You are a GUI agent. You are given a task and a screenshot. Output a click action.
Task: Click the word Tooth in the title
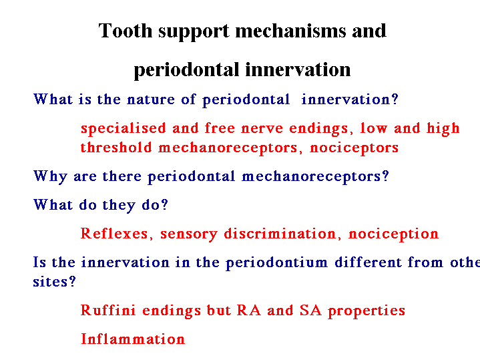(126, 31)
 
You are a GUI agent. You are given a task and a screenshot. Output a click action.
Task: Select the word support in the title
(194, 32)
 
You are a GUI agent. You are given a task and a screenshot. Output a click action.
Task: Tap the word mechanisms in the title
(290, 31)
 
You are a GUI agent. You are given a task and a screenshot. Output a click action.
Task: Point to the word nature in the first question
(151, 100)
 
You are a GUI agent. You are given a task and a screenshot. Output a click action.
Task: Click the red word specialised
(123, 129)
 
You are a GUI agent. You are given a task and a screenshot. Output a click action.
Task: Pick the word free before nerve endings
(220, 128)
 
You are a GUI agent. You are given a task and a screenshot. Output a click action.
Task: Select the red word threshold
(116, 148)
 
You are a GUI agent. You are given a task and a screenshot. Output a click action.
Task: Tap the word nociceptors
(354, 148)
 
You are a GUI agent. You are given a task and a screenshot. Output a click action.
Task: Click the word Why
(50, 177)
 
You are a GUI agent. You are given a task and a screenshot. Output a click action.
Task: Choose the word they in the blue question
(118, 205)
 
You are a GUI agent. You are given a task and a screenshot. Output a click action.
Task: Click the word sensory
(188, 234)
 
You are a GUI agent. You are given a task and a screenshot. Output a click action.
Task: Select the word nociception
(393, 234)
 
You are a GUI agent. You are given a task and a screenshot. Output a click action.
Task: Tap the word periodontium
(277, 263)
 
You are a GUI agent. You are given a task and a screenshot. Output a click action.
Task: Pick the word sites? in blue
(54, 282)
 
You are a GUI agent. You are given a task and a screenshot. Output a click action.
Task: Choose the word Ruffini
(107, 310)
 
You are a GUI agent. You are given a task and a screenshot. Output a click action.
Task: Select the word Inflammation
(133, 339)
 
